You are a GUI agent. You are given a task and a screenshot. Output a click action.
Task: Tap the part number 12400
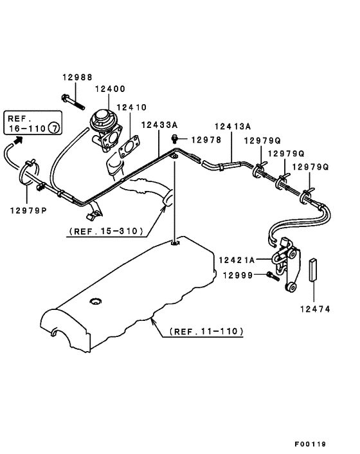click(111, 89)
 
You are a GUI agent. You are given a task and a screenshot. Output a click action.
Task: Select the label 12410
click(132, 107)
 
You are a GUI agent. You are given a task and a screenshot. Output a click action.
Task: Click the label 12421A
click(237, 260)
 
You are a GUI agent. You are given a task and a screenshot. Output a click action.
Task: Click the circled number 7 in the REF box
click(56, 129)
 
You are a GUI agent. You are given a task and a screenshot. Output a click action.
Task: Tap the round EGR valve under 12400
click(102, 120)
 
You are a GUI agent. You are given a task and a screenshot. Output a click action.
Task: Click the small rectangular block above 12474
click(314, 271)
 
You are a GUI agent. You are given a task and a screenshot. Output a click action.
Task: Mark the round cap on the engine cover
click(96, 301)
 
